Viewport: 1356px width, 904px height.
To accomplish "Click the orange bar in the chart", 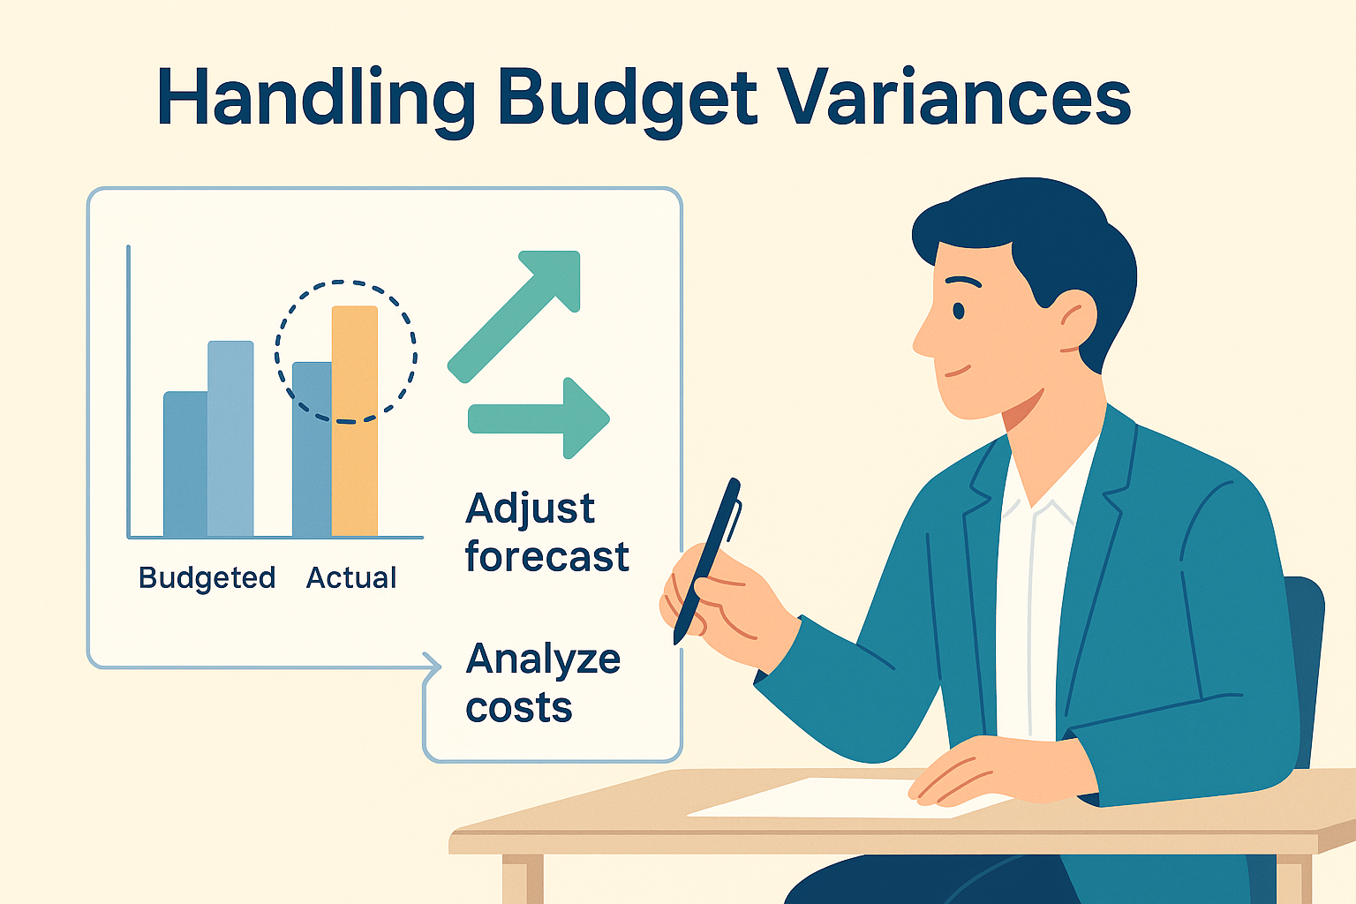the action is tap(355, 421).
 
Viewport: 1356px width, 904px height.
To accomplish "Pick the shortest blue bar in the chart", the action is tap(185, 463).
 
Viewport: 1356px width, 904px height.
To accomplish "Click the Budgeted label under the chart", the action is tap(207, 578).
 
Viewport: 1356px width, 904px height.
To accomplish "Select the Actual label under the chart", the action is tap(351, 577).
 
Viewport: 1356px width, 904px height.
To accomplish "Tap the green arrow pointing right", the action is tap(539, 418).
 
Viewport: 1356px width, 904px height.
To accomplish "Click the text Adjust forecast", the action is tap(547, 532).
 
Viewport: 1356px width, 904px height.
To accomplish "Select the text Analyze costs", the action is tap(543, 683).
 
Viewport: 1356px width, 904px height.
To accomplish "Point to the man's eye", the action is tap(958, 312).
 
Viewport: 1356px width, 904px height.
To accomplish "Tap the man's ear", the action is tap(1078, 321).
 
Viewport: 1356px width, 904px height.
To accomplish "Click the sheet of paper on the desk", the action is tap(847, 799).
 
